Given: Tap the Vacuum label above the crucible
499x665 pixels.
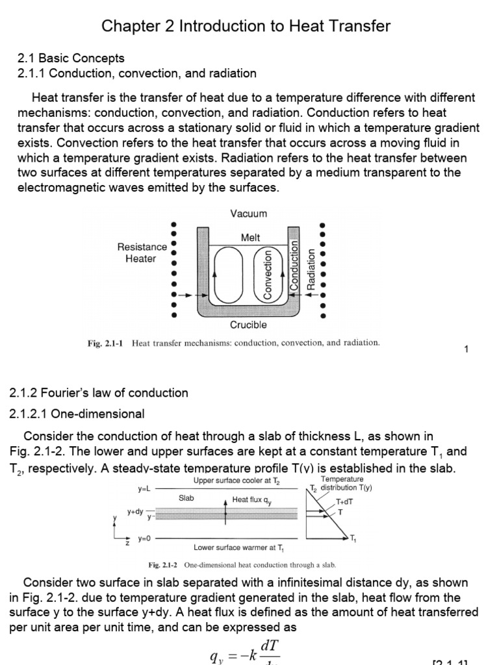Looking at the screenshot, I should (248, 213).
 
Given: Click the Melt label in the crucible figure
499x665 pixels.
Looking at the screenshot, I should (250, 238).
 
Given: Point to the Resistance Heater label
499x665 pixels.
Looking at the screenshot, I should (142, 253).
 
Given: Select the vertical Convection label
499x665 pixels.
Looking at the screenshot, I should (267, 276).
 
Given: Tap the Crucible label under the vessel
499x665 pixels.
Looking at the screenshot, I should (248, 325).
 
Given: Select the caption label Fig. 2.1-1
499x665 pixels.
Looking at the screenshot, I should (107, 343).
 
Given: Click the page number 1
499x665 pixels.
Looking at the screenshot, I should (467, 350).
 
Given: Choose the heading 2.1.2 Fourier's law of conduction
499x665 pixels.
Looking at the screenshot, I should (99, 393).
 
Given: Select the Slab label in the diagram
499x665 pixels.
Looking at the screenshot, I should (187, 498).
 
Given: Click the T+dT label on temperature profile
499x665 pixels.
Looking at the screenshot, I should (345, 502).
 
